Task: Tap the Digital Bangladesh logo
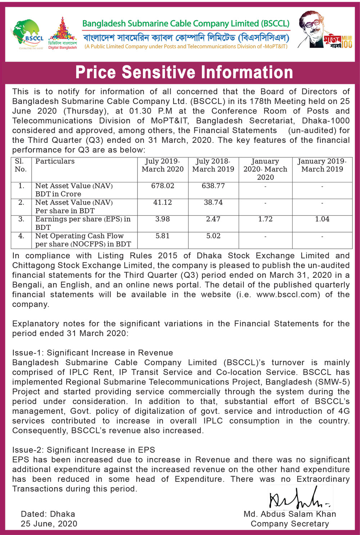[63, 33]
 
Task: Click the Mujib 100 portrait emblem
[324, 30]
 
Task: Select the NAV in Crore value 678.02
[163, 186]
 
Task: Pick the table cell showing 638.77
[213, 186]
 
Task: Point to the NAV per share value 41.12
[163, 203]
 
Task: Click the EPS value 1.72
[265, 219]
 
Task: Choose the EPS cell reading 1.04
[322, 219]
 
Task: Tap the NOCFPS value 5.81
[163, 236]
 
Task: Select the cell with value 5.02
[213, 236]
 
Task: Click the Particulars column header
[55, 162]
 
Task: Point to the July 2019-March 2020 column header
[163, 165]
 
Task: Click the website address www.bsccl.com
[288, 295]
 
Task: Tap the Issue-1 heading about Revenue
[93, 353]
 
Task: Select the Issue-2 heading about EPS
[84, 450]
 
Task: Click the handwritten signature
[299, 499]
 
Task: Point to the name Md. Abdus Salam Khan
[290, 514]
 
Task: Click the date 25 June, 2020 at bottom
[49, 524]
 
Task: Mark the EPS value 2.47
[213, 219]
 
